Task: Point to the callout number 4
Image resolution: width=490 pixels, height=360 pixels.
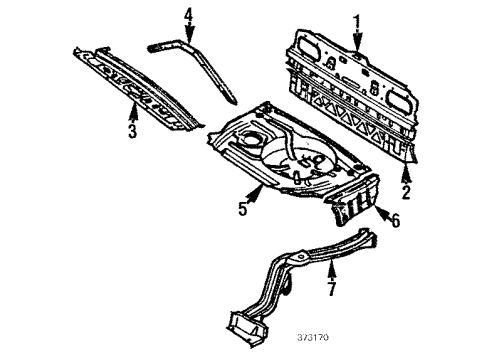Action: coord(188,16)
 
